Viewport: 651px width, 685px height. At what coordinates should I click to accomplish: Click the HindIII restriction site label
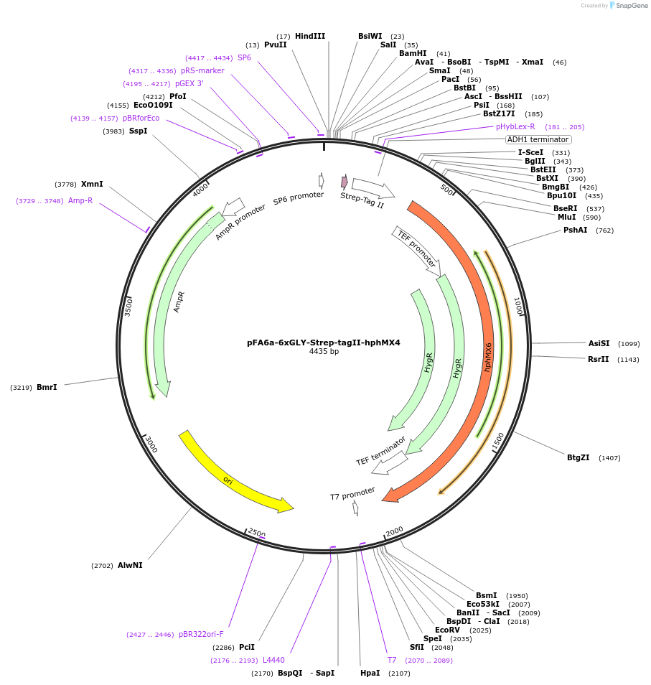(x=309, y=36)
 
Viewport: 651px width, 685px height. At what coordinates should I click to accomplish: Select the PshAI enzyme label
(x=576, y=230)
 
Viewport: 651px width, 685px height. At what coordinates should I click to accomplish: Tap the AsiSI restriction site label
(x=599, y=343)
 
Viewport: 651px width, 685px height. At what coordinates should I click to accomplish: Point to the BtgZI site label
(x=578, y=457)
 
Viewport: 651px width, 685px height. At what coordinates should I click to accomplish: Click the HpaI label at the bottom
(x=370, y=673)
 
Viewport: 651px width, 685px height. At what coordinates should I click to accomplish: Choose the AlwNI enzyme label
(x=130, y=565)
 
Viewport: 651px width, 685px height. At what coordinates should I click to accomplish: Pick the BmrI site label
(x=47, y=387)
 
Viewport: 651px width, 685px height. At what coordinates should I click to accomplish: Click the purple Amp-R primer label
(x=80, y=201)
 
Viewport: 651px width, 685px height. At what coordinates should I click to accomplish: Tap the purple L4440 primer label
(x=273, y=660)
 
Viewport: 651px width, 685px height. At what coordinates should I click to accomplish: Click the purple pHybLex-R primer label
(x=515, y=126)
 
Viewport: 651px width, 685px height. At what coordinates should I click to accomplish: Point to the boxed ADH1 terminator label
(x=538, y=139)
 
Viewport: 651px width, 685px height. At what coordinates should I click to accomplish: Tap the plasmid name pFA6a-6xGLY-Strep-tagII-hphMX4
(x=324, y=342)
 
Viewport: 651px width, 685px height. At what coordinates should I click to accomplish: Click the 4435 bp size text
(x=324, y=352)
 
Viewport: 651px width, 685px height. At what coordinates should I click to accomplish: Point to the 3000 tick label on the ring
(x=151, y=444)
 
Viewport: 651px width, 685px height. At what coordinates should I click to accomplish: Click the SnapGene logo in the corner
(x=618, y=6)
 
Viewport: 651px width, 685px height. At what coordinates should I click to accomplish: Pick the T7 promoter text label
(x=352, y=494)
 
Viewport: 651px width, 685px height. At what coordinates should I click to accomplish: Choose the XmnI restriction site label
(x=92, y=184)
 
